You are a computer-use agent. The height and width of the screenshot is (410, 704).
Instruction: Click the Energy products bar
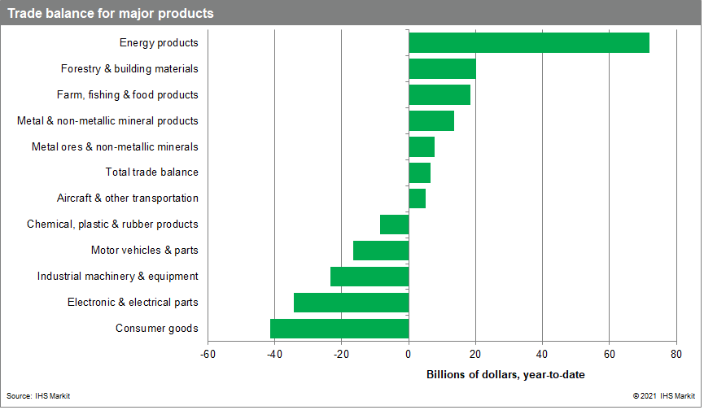(529, 42)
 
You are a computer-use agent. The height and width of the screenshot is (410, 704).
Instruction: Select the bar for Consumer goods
(339, 329)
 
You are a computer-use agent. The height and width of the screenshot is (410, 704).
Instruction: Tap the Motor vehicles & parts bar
(381, 251)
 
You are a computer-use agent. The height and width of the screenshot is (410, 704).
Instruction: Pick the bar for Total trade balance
(419, 172)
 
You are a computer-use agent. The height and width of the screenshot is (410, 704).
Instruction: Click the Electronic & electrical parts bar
(351, 303)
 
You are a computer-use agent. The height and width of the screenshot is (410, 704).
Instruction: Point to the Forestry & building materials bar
(442, 69)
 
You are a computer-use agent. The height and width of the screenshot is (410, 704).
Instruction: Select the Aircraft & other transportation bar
(417, 198)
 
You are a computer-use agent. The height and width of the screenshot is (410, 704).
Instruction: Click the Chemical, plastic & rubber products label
(112, 225)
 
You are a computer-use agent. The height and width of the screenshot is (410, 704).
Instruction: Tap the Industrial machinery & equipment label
(117, 277)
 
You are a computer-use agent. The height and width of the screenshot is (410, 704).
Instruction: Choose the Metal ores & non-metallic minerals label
(115, 146)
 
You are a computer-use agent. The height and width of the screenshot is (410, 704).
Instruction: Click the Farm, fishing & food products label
(127, 94)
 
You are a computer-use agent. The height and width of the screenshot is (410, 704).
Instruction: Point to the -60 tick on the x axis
(208, 354)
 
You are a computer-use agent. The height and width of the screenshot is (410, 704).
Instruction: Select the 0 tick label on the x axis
(409, 354)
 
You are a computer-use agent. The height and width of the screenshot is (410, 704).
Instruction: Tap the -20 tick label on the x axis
(341, 354)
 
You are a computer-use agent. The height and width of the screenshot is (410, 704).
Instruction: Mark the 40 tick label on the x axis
(542, 354)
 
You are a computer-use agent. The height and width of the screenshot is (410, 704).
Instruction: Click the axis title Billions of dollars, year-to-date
(505, 374)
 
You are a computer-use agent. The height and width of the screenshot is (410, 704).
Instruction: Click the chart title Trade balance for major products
(112, 13)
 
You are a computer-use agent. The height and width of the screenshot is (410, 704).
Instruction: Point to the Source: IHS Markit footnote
(38, 395)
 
